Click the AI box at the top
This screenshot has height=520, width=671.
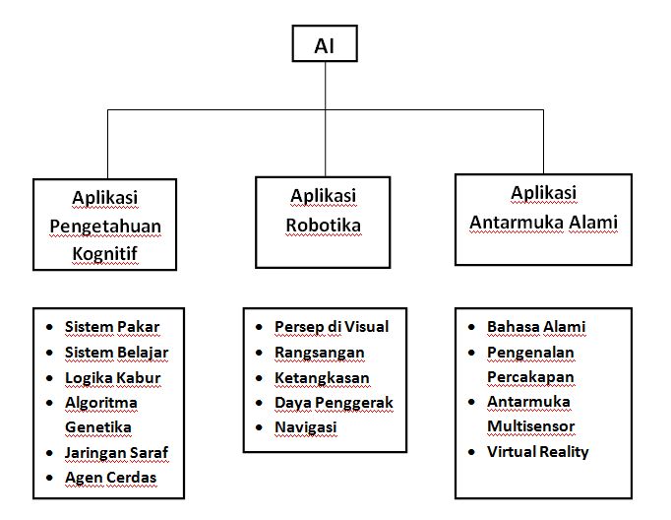click(324, 45)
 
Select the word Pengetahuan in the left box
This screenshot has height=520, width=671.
click(105, 226)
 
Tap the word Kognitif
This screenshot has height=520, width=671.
click(105, 253)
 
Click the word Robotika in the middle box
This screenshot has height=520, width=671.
click(323, 225)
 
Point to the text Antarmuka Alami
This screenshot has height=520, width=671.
click(543, 222)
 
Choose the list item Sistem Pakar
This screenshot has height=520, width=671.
click(111, 327)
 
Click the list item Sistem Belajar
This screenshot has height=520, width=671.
click(116, 352)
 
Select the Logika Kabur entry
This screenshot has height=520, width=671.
click(112, 377)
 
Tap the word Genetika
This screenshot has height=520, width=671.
click(97, 427)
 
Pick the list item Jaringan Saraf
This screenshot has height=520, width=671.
click(116, 453)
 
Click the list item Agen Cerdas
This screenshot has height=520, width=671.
click(110, 478)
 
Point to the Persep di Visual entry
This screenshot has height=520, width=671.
click(332, 327)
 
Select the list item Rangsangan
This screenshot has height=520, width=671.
click(319, 352)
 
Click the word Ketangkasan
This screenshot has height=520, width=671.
click(322, 377)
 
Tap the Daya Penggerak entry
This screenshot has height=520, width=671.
click(334, 403)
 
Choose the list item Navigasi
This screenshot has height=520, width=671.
click(306, 427)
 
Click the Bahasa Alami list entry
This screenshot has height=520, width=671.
click(536, 327)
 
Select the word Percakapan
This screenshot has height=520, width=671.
click(530, 377)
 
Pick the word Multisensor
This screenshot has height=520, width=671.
click(531, 427)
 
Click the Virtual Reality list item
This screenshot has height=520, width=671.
click(537, 452)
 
